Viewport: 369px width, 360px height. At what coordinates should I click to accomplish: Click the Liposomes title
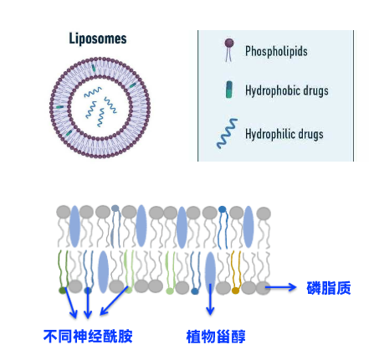point(98,39)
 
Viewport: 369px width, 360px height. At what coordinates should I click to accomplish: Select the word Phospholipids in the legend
point(276,51)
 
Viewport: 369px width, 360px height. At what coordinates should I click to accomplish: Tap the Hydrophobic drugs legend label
point(287,90)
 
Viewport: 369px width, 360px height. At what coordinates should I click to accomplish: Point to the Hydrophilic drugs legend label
point(284,134)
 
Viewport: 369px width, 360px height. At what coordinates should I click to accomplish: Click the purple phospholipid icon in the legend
point(229,49)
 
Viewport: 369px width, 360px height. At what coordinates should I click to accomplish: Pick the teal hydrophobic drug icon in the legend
point(229,90)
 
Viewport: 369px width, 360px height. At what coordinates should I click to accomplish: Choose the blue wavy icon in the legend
point(227,133)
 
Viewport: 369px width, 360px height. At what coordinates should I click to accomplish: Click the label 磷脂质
point(329,288)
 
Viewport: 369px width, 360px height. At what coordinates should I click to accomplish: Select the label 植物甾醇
point(216,337)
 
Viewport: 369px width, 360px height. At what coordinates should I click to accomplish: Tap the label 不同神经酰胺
point(88,336)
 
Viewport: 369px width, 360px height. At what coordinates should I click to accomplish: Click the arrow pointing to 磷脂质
point(280,287)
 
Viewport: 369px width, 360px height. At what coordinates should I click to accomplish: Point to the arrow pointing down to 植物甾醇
point(210,299)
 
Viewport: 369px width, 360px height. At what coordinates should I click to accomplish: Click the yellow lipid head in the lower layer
point(236,291)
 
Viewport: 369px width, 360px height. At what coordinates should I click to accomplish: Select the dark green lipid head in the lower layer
point(63,291)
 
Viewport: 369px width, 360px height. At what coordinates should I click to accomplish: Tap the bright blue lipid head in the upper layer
point(222,209)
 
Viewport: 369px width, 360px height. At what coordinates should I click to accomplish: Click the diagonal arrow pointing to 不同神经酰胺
point(114,301)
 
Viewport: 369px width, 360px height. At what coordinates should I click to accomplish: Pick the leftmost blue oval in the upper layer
point(74,226)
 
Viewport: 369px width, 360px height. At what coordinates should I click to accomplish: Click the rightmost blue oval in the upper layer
point(249,227)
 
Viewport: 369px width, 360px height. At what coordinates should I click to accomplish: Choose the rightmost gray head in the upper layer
point(264,213)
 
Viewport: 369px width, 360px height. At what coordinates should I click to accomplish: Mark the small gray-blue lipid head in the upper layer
point(115,208)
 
